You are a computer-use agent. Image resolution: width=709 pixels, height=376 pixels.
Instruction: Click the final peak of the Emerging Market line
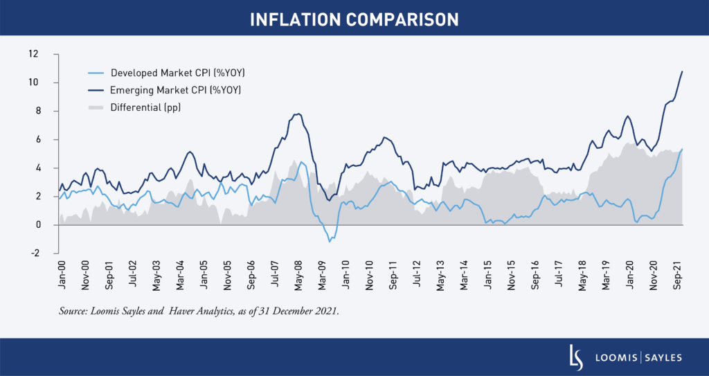point(683,71)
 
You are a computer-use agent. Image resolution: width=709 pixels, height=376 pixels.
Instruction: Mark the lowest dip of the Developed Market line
point(330,242)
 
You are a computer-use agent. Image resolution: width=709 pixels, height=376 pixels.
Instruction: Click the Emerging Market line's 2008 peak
point(298,114)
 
